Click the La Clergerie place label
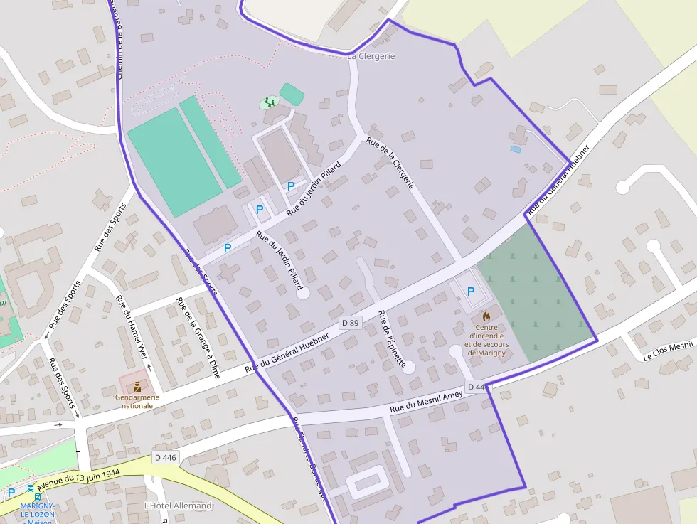[371, 55]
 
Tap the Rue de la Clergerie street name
[390, 163]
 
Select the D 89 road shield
[350, 323]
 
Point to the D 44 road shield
[476, 387]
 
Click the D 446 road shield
[165, 457]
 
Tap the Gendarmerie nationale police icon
[137, 387]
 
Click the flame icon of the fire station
[486, 316]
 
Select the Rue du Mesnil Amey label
[426, 400]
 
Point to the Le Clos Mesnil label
[668, 350]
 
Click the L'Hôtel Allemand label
[178, 506]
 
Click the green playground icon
[270, 102]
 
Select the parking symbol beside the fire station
[470, 291]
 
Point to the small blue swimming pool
[516, 149]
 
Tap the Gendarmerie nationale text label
[137, 402]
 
